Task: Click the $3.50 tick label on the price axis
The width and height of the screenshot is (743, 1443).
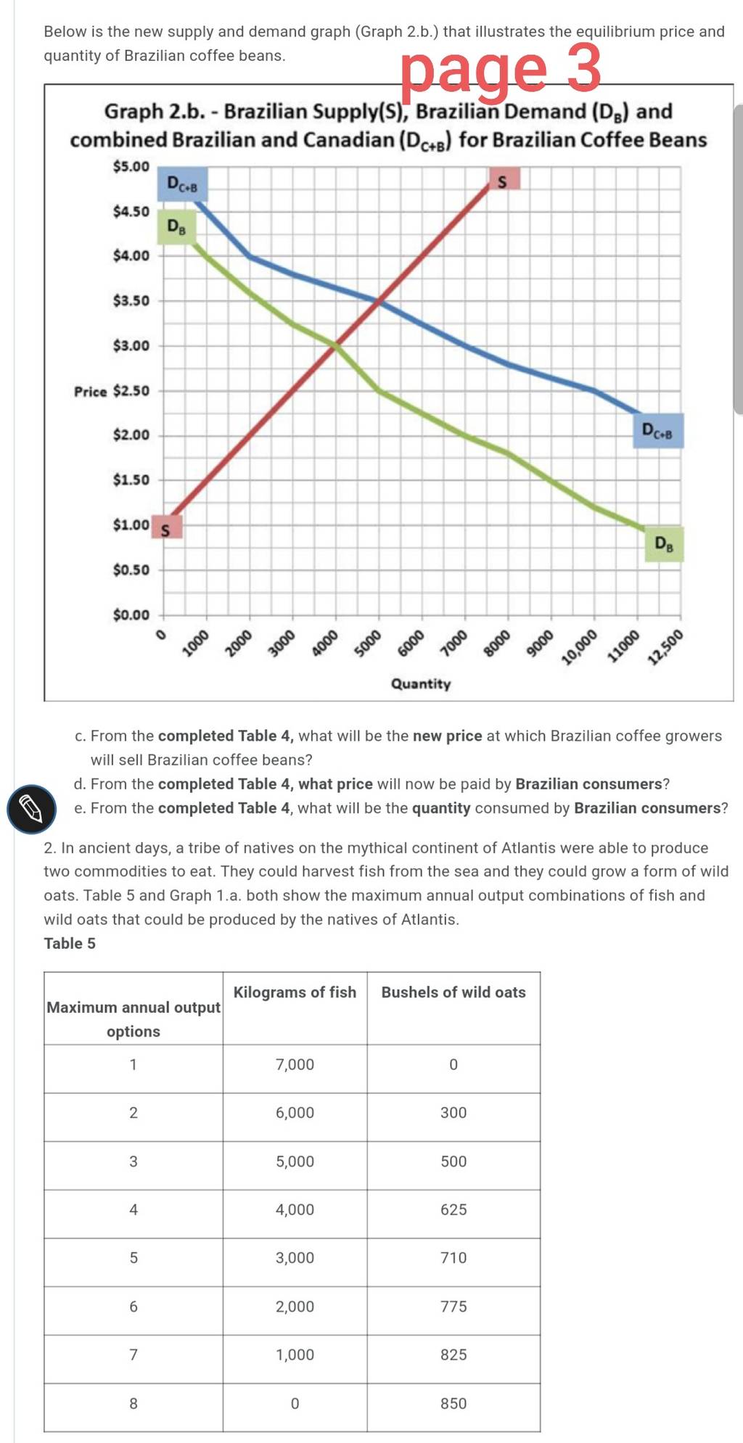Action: pyautogui.click(x=131, y=300)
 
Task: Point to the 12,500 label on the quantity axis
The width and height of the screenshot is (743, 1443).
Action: pyautogui.click(x=665, y=648)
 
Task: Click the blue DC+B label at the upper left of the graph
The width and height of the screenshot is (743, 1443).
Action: pyautogui.click(x=182, y=184)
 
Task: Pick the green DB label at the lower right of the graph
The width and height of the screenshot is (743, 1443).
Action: pyautogui.click(x=664, y=545)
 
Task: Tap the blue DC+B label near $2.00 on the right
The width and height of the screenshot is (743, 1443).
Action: pyautogui.click(x=658, y=431)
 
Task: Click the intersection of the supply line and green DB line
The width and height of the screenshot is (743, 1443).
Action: pyautogui.click(x=334, y=346)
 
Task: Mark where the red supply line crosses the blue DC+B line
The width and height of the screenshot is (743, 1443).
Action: pyautogui.click(x=378, y=301)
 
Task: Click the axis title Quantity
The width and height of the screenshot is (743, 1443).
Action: pyautogui.click(x=421, y=683)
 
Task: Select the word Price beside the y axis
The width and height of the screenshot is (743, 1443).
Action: pyautogui.click(x=90, y=392)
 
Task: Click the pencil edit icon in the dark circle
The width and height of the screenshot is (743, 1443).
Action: pyautogui.click(x=31, y=809)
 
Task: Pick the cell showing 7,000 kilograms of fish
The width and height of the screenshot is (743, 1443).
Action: pyautogui.click(x=295, y=1064)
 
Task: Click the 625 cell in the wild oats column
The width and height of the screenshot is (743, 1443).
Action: pyautogui.click(x=453, y=1209)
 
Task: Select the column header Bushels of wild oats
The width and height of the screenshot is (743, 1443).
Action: pyautogui.click(x=453, y=992)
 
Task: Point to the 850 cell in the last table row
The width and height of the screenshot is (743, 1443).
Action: pyautogui.click(x=453, y=1403)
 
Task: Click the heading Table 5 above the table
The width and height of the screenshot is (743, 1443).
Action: pyautogui.click(x=70, y=943)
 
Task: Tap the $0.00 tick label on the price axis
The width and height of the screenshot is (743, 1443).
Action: pyautogui.click(x=131, y=615)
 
